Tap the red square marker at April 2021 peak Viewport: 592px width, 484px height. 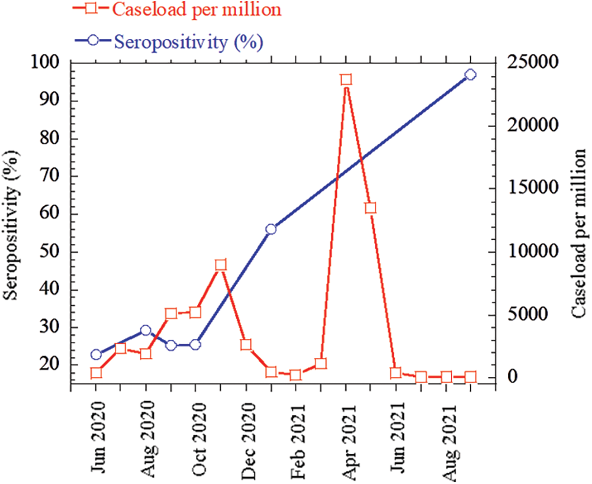pos(346,80)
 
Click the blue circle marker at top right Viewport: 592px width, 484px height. pos(471,75)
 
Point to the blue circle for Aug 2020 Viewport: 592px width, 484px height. pos(146,331)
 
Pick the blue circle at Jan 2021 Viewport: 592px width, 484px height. pos(271,229)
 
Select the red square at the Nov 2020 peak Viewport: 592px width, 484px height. pos(221,264)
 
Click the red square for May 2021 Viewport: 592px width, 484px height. pos(371,208)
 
